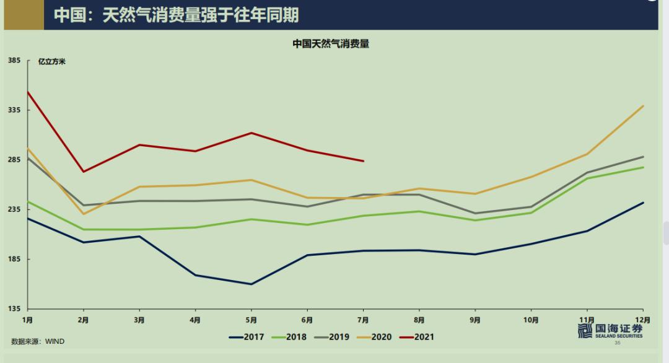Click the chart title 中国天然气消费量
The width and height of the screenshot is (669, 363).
coord(331,44)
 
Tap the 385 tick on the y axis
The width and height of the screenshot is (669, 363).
coord(15,61)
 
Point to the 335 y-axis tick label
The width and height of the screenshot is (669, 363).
coord(15,110)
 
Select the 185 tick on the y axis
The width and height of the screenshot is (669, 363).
coord(15,259)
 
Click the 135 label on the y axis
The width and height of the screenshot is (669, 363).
coord(15,308)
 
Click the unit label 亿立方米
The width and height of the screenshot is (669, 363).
coord(51,61)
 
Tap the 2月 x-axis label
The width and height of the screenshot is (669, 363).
coord(83,320)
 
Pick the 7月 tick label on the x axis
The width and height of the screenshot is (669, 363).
coord(363,320)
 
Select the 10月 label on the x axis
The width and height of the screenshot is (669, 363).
coord(531,320)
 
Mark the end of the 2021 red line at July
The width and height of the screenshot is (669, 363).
coord(364,161)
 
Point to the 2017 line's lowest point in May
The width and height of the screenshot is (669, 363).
coord(251,284)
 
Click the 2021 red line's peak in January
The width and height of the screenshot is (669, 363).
coord(28,92)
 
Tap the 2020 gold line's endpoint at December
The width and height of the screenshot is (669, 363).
coord(644,106)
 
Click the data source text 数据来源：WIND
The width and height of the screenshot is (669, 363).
coord(38,341)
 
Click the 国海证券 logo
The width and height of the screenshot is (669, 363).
coord(610,331)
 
